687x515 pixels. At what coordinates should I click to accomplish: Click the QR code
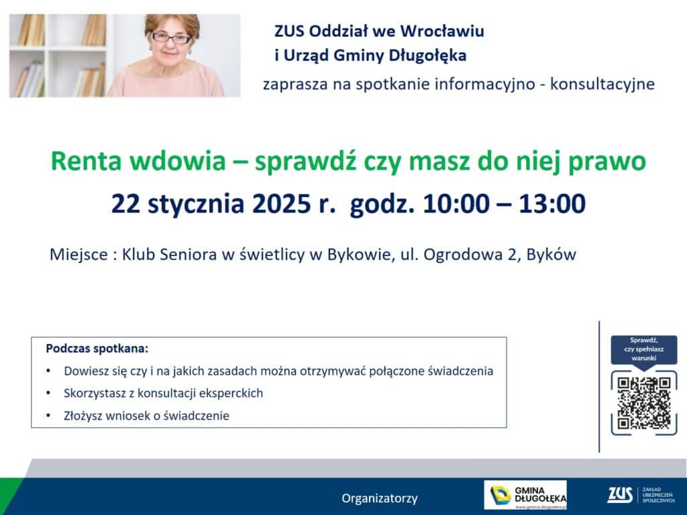coord(643,403)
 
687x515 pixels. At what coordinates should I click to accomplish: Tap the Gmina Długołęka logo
coord(525,495)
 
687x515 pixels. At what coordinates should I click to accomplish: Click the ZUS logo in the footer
coord(641,495)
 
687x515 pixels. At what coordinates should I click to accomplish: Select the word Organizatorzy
coord(380,498)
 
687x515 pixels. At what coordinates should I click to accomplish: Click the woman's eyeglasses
coord(171,38)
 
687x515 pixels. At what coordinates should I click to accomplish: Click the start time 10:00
coord(456,204)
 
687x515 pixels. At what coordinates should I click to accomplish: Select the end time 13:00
coord(552,204)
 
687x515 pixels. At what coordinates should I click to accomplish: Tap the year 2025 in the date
coord(281,204)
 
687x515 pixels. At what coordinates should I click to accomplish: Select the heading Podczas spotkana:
coord(97,349)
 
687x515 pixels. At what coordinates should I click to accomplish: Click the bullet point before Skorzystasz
coord(48,393)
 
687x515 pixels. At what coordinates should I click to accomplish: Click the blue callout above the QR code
coord(643,349)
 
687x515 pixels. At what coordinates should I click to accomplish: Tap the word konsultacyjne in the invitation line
coord(602,84)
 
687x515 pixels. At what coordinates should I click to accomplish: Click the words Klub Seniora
coord(169,254)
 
